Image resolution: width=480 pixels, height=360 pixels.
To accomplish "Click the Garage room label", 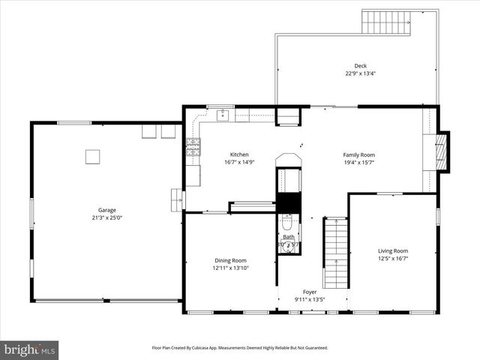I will (x=106, y=210).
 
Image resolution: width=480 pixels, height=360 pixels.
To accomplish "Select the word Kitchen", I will (x=239, y=154).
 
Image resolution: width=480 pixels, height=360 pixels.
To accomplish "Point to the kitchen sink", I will (x=222, y=115).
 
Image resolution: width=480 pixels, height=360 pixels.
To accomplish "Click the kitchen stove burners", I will (x=193, y=146).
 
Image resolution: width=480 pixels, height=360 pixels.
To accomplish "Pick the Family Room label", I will (x=358, y=154).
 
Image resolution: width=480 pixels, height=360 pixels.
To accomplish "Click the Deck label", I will (x=361, y=66).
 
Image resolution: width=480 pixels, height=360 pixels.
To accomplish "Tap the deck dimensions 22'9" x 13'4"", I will (x=361, y=73).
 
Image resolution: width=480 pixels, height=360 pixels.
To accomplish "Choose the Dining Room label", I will (x=230, y=260).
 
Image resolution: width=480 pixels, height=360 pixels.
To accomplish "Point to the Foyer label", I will (x=310, y=292).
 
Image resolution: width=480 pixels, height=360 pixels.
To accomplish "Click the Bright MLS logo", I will (x=30, y=349).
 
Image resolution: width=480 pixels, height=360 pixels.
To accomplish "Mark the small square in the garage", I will (x=92, y=156).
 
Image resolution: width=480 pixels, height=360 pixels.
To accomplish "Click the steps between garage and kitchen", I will (x=177, y=199).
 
